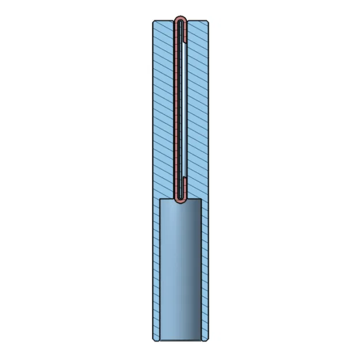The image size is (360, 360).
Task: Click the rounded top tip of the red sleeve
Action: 181,20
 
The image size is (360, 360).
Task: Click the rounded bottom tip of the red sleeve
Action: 181,201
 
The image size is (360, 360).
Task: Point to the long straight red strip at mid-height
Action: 176,109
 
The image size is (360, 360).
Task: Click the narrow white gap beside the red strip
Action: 181,109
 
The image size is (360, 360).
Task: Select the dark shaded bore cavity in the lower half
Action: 180,271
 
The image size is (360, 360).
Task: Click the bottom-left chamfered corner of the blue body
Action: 153,338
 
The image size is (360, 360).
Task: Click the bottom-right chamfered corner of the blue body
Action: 208,338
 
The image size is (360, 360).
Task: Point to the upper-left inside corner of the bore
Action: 160,200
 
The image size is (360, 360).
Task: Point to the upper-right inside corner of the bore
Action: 201,200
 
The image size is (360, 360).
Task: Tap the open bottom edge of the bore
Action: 180,340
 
